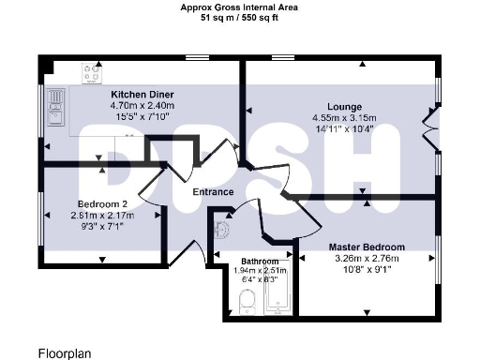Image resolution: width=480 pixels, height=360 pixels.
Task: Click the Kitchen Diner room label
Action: (x=142, y=96)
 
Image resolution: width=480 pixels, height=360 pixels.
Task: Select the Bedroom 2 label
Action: (x=102, y=202)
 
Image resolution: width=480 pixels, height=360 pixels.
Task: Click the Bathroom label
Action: (x=260, y=261)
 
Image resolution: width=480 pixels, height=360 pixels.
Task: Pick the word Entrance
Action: (x=213, y=192)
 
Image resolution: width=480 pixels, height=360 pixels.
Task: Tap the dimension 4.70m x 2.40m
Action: (x=142, y=107)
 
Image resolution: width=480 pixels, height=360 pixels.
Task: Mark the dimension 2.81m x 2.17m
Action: (x=102, y=214)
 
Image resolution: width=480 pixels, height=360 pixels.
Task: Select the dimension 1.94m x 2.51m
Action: (x=260, y=270)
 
